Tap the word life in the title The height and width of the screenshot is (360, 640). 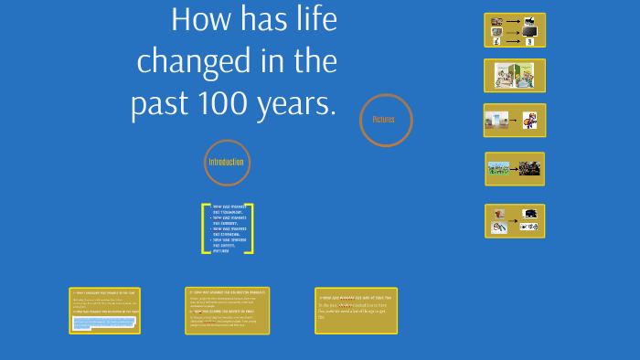[311, 20]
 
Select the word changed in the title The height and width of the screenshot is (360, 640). [189, 62]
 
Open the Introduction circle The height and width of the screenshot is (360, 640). [227, 163]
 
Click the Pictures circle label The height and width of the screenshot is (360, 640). [386, 120]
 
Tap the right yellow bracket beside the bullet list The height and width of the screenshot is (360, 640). [249, 228]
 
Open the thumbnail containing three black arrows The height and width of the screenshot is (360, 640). [514, 30]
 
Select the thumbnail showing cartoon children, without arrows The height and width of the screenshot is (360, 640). [514, 76]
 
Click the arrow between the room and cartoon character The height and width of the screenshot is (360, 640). [514, 120]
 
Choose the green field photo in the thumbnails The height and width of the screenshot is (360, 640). [499, 168]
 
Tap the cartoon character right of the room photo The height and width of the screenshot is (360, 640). [529, 121]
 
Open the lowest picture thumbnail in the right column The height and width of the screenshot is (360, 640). [514, 220]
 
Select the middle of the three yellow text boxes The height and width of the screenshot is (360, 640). [227, 311]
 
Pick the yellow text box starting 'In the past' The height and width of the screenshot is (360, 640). [356, 311]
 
